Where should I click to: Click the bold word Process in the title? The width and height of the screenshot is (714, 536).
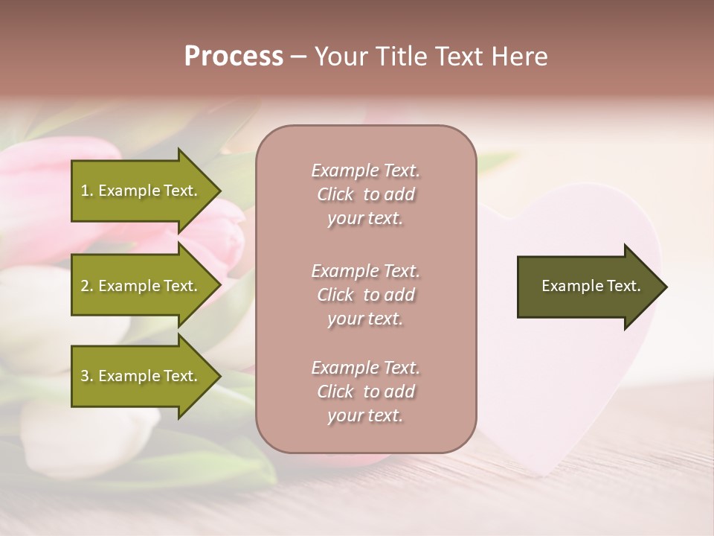click(x=234, y=57)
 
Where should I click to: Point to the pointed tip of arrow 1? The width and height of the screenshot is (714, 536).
click(x=219, y=191)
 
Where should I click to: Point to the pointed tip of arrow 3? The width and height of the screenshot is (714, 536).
click(x=219, y=376)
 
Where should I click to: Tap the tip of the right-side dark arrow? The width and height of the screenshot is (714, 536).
click(x=666, y=287)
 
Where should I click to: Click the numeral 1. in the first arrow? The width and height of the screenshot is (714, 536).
click(x=87, y=191)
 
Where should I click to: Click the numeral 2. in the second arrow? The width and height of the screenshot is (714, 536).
click(x=87, y=286)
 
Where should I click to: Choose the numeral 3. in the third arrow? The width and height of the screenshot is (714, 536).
click(x=87, y=376)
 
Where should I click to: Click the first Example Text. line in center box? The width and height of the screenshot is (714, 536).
click(x=365, y=170)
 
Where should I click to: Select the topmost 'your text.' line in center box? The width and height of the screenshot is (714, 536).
click(x=365, y=219)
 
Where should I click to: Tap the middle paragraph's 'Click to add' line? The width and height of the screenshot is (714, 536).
click(x=365, y=295)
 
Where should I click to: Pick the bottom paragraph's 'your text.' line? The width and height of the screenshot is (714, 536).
click(x=365, y=416)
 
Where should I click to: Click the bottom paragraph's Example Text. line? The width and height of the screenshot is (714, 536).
click(x=365, y=368)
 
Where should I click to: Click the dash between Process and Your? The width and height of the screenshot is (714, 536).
click(x=299, y=57)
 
